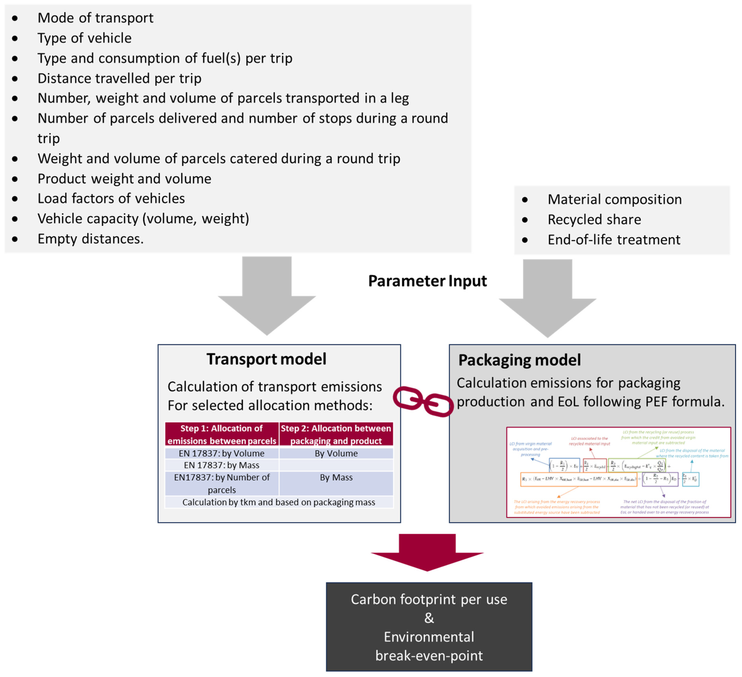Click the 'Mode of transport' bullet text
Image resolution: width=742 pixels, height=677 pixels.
[95, 18]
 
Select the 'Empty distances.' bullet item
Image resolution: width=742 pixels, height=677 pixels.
[90, 239]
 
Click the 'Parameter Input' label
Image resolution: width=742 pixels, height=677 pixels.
[427, 281]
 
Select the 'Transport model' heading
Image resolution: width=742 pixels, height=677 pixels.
[266, 359]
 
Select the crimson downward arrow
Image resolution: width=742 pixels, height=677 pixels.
[427, 551]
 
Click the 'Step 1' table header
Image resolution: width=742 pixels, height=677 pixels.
[222, 434]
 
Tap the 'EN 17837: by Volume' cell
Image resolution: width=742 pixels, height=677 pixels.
[222, 453]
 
